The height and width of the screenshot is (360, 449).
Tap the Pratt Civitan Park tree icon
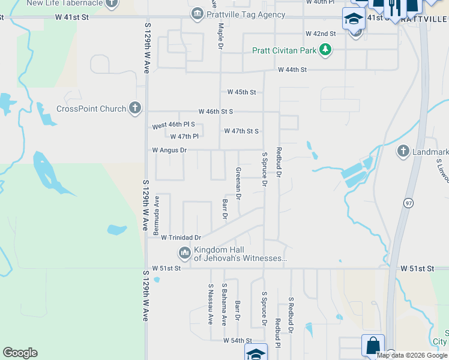click(325, 50)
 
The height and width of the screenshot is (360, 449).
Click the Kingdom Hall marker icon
click(184, 253)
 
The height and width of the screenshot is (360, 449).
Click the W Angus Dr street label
click(169, 150)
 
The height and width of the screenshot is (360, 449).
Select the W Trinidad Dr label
click(181, 237)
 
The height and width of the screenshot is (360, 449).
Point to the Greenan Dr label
click(238, 183)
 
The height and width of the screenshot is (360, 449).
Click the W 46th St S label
click(216, 112)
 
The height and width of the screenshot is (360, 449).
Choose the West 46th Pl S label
click(173, 125)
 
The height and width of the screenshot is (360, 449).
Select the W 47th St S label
click(241, 131)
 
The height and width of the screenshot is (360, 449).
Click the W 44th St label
click(292, 70)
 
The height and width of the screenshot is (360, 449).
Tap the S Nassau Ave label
click(210, 304)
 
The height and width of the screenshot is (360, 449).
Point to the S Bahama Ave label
click(224, 304)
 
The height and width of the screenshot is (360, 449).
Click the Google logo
click(20, 353)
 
